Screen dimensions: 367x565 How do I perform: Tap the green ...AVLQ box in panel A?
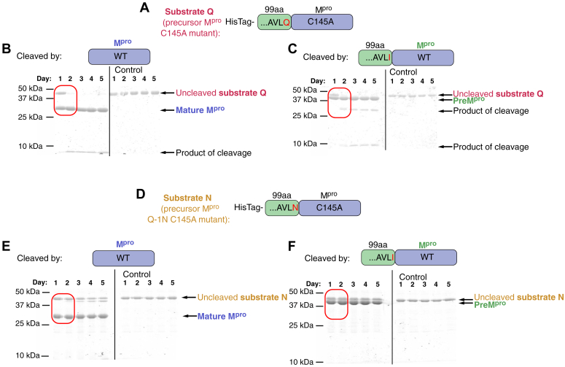click(274, 23)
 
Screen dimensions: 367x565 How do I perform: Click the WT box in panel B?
click(120, 58)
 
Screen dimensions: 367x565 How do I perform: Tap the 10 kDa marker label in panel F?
click(303, 361)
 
